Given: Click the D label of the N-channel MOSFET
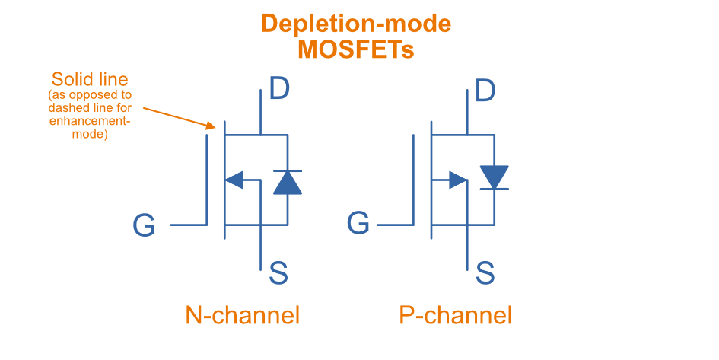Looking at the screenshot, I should tap(279, 90).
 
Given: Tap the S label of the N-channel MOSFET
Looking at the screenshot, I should tap(278, 272).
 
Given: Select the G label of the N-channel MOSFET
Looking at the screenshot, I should tap(144, 225).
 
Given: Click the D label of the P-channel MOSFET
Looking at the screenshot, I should tap(485, 90).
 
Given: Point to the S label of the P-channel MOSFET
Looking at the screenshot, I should tap(485, 272).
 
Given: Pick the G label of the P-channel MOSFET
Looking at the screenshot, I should tap(358, 224).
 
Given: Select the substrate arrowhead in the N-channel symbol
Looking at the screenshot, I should tap(234, 180).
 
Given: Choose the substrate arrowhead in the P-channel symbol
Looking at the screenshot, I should tap(458, 180).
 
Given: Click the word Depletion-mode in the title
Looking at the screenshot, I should tap(356, 24).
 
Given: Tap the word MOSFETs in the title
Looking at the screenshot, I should tap(356, 49).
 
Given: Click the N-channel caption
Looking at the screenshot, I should tap(243, 315).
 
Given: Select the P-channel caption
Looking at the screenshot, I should tap(455, 315).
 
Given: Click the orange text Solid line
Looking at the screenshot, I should tap(89, 79).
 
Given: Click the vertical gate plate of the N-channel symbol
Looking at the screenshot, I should tap(207, 178).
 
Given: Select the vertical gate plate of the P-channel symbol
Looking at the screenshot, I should tap(413, 178).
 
